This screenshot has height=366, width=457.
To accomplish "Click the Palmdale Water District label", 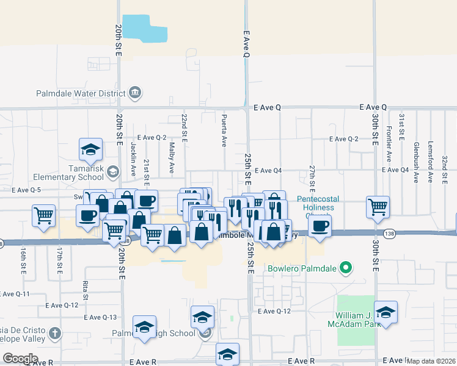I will (x=82, y=94).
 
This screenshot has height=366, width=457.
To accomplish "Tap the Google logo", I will (x=20, y=359).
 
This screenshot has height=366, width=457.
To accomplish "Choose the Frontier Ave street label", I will (x=389, y=145).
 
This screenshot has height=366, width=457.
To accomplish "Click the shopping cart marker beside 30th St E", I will (x=378, y=206).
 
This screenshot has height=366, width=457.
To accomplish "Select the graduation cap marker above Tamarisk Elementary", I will (x=90, y=149).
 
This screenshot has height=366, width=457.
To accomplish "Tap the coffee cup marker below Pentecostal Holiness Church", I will (x=320, y=226).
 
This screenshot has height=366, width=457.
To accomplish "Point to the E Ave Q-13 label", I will (x=101, y=317).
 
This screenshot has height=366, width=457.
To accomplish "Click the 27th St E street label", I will (x=312, y=176).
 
